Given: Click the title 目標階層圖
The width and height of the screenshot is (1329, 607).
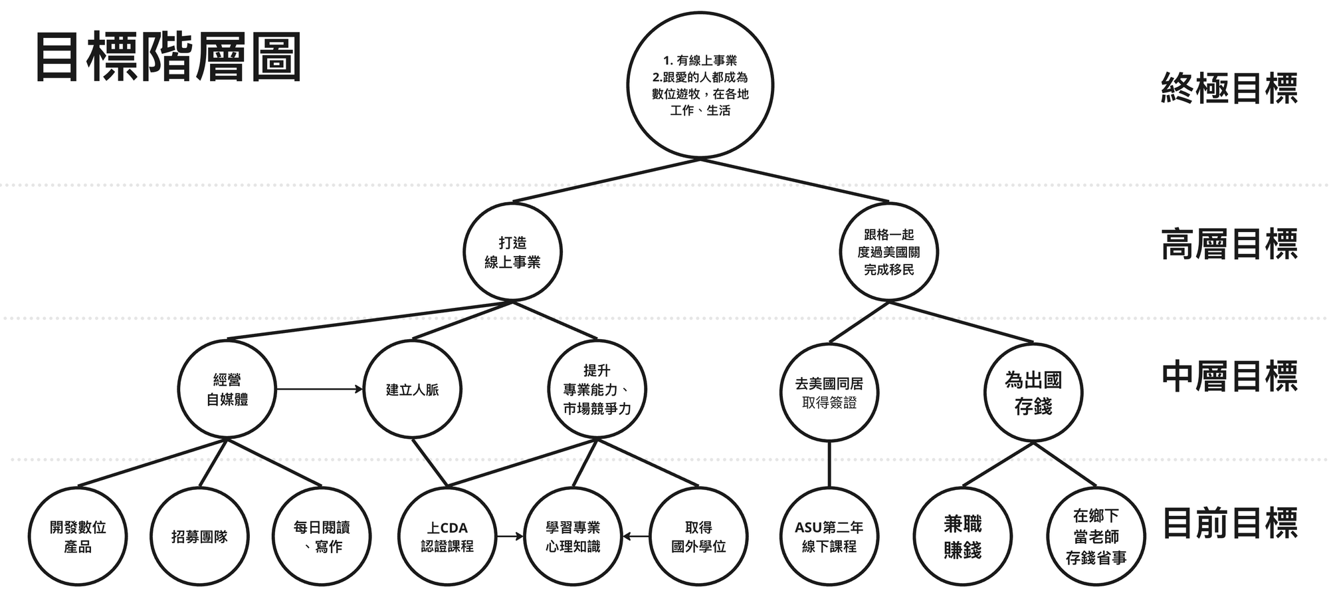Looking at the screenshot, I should click(x=169, y=57).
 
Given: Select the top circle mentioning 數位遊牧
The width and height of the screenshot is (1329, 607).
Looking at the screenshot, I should click(x=700, y=86).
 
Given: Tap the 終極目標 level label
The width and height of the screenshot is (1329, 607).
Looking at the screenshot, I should click(x=1229, y=88).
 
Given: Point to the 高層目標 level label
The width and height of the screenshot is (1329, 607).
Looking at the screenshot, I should click(x=1229, y=244).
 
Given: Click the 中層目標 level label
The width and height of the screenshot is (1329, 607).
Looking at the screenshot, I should click(x=1229, y=376).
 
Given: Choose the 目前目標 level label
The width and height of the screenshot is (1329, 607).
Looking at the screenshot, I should click(x=1229, y=523).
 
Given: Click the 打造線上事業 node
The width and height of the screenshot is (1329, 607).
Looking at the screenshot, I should click(x=512, y=253).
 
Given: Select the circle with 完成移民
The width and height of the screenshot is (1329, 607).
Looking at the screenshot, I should click(x=888, y=253).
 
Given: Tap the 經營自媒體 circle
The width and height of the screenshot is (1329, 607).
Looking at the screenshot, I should click(x=227, y=390).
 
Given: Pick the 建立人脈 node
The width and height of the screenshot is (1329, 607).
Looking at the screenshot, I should click(x=413, y=390).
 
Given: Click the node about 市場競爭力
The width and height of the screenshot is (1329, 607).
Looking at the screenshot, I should click(x=597, y=390).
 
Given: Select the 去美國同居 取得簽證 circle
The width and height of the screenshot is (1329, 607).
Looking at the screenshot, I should click(x=829, y=393).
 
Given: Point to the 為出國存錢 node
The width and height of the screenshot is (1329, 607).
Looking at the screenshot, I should click(x=1033, y=393).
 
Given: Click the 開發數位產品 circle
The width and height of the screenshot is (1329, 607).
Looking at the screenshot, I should click(x=78, y=537).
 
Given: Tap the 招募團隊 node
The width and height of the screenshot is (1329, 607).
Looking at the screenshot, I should click(x=199, y=537).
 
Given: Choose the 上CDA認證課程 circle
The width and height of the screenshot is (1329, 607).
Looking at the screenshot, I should click(x=447, y=537).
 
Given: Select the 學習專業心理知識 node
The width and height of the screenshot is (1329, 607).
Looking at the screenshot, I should click(x=573, y=537).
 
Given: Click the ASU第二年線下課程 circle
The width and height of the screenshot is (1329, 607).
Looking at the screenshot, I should click(x=829, y=537).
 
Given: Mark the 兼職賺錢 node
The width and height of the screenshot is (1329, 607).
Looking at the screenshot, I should click(x=963, y=537).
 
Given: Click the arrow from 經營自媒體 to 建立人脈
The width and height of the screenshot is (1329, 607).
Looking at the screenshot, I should click(x=320, y=389).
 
